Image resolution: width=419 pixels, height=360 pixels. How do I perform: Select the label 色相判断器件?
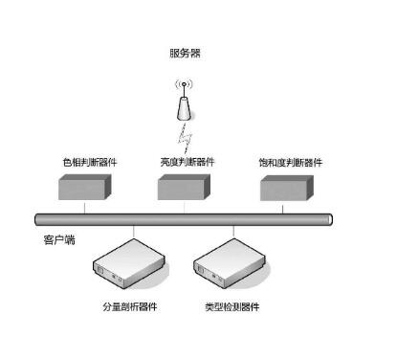click(x=90, y=163)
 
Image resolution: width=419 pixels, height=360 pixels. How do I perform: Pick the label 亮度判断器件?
click(x=187, y=162)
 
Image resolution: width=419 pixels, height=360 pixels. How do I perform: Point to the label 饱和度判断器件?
click(x=291, y=163)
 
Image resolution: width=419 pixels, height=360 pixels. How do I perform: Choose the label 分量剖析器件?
click(x=129, y=306)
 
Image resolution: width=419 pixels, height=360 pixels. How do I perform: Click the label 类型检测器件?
click(x=232, y=306)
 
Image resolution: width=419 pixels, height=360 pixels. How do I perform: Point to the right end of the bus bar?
click(x=329, y=219)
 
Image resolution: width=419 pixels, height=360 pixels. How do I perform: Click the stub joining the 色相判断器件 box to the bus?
click(x=85, y=208)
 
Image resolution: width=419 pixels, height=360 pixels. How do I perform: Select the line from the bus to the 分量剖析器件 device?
click(x=134, y=231)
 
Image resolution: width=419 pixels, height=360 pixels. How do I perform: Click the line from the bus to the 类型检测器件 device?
click(x=234, y=231)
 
